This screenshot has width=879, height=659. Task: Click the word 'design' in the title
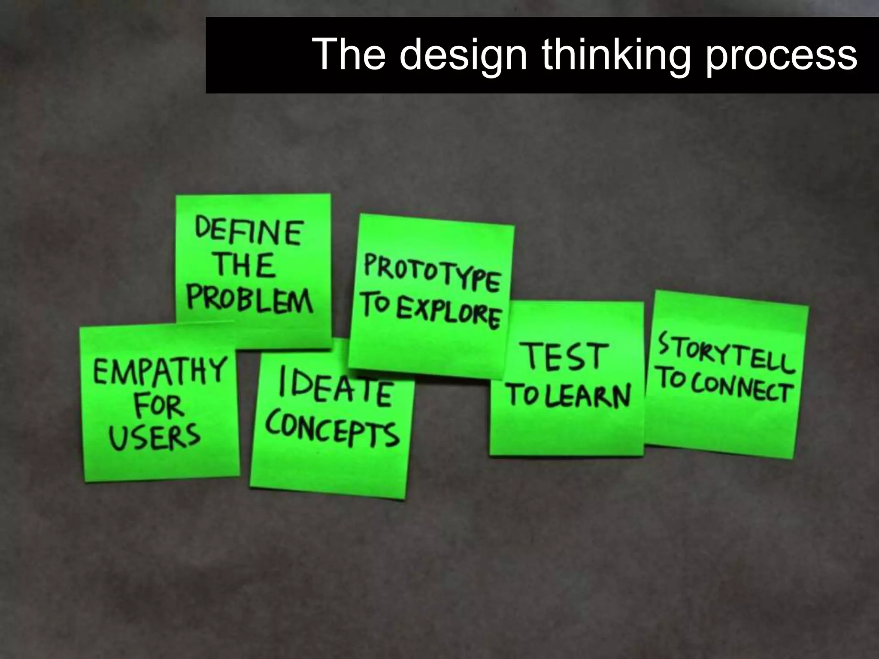coord(463,55)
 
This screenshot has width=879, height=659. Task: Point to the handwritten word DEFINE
coord(249,232)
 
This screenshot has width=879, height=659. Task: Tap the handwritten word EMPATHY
coord(160,372)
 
